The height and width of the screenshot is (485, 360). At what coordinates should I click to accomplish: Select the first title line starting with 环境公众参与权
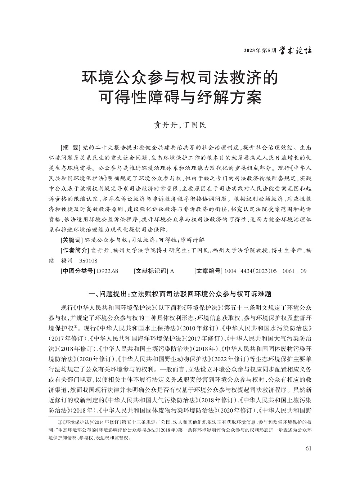coord(180,78)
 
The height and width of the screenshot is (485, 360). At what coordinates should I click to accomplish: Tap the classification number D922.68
coord(108,271)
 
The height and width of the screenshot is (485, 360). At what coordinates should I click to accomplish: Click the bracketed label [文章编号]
coord(208,271)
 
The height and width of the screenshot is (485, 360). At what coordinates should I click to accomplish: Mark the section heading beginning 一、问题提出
coord(180,293)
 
